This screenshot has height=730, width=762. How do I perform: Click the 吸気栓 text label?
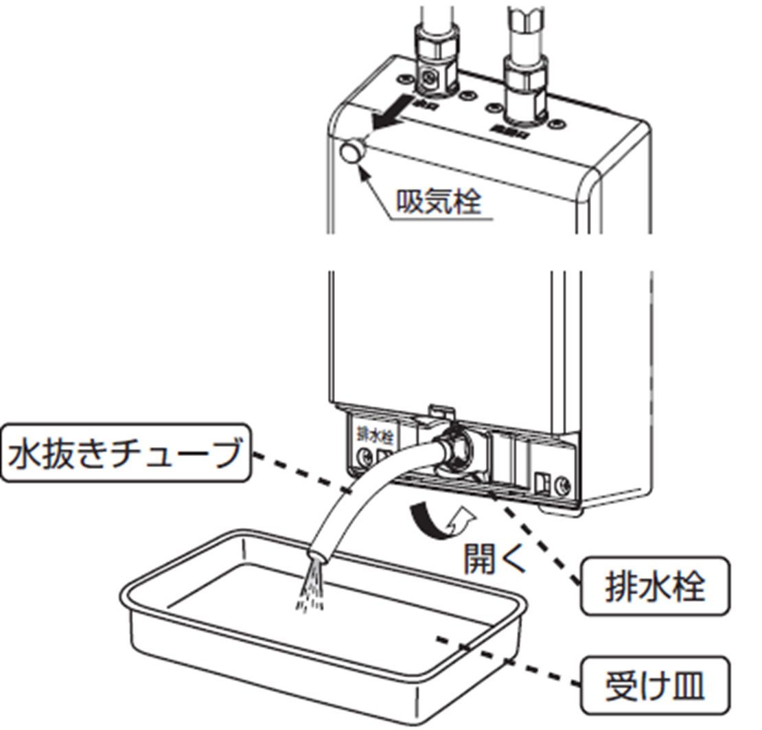439,202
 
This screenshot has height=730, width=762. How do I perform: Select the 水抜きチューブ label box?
127,454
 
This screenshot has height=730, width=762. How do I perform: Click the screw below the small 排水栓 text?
364,456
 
